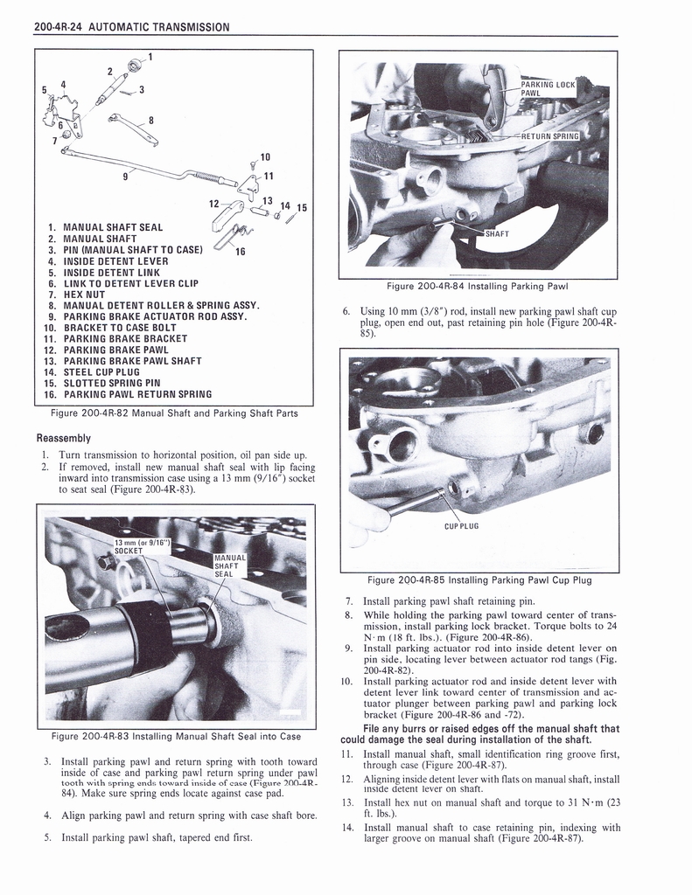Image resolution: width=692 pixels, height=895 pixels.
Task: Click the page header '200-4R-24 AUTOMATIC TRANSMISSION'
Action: click(131, 27)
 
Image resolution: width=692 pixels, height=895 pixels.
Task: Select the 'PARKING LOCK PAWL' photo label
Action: click(548, 88)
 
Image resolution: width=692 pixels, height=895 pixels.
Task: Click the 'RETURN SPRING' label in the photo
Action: click(550, 136)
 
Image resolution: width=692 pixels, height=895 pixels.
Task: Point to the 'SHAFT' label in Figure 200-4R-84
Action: click(500, 233)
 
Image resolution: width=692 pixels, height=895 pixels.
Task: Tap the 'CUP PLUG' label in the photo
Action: click(462, 526)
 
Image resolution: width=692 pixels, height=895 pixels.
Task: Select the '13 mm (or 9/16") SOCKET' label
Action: click(140, 546)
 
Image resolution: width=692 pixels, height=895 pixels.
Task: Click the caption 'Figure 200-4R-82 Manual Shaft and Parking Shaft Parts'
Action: click(175, 413)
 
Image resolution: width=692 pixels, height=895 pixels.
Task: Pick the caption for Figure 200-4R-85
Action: click(479, 579)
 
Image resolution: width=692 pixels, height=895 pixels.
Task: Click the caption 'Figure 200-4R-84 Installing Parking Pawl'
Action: click(479, 286)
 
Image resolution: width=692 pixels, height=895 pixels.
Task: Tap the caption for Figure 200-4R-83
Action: click(175, 736)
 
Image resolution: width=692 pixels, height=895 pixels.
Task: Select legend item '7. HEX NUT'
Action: click(79, 295)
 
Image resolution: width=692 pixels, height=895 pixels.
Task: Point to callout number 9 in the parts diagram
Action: click(125, 176)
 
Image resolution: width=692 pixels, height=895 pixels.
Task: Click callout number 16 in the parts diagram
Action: click(240, 251)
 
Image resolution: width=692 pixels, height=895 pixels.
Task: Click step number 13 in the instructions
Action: click(347, 802)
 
